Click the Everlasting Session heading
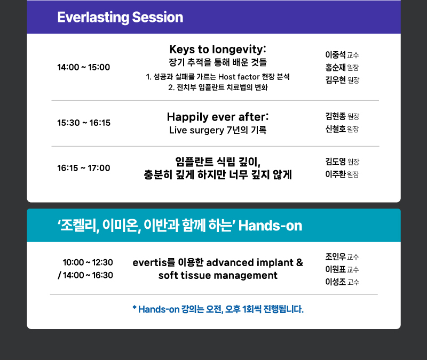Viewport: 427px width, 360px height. [120, 18]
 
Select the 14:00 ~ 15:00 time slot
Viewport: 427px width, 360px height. [84, 67]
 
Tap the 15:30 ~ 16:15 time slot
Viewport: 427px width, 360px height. [84, 123]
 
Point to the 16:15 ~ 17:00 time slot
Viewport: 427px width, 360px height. [84, 168]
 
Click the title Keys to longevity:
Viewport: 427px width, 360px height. [218, 50]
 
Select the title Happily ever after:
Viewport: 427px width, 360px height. [218, 117]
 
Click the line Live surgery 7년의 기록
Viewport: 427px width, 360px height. [218, 130]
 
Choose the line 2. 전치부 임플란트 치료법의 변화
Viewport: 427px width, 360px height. [218, 87]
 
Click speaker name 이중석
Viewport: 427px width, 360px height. [336, 55]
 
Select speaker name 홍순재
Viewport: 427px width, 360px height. [336, 67]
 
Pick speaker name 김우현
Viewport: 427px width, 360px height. [336, 79]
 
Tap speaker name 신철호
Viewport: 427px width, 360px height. [336, 129]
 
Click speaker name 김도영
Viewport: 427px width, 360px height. [336, 162]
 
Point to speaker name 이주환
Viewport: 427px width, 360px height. [336, 174]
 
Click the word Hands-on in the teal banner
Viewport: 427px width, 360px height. [270, 226]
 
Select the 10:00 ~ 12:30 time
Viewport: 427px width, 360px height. [88, 262]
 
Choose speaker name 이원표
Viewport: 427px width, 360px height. [336, 269]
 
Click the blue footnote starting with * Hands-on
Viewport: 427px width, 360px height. [218, 309]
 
